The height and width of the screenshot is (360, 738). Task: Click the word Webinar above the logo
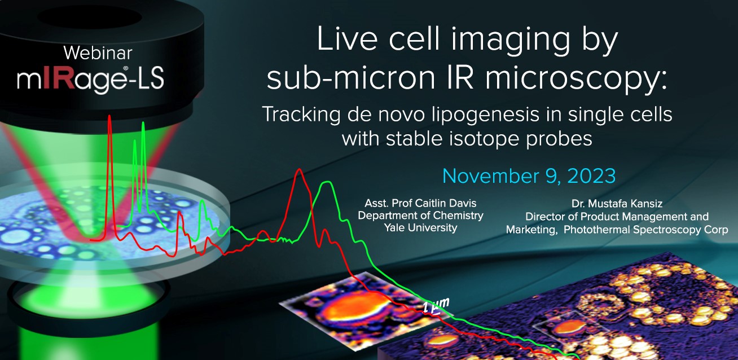(98, 53)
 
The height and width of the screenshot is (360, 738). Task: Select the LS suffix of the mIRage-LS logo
(150, 78)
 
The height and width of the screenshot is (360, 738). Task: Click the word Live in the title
(347, 39)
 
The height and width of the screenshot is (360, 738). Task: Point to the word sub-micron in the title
(350, 78)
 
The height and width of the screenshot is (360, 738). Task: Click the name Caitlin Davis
(446, 203)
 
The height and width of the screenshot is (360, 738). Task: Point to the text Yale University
(421, 228)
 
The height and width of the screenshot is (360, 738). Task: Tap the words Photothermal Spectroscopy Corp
(645, 230)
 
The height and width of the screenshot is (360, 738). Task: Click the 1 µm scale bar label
(436, 305)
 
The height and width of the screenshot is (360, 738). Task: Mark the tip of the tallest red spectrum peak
(109, 116)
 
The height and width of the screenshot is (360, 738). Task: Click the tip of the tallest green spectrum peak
(143, 123)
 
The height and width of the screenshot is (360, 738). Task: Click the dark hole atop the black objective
(90, 17)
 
